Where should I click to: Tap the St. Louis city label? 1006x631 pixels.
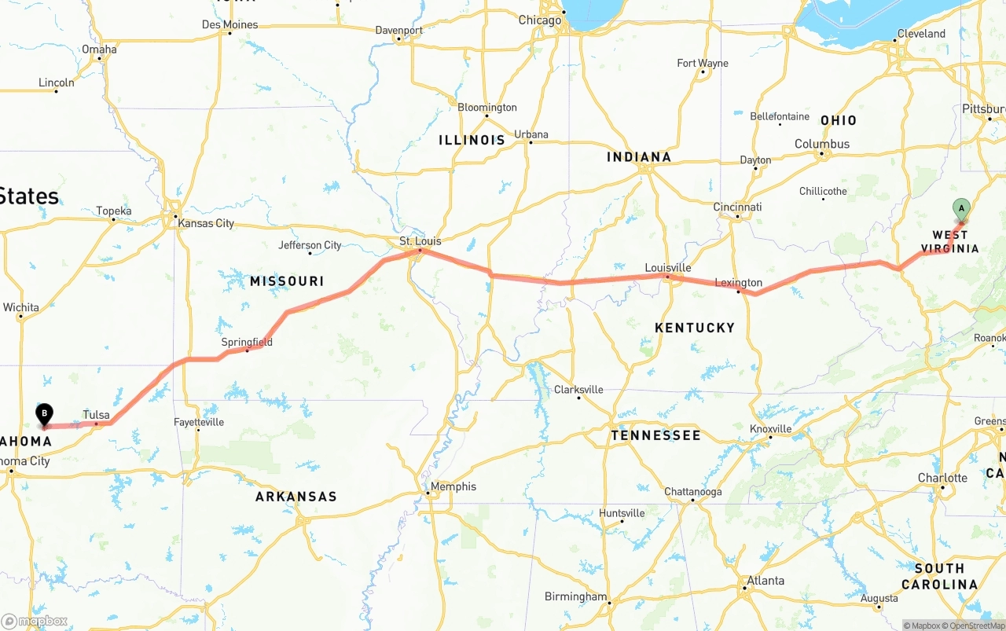(x=420, y=241)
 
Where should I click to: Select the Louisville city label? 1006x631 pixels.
(x=667, y=268)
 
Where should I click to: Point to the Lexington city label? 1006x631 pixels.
(x=738, y=283)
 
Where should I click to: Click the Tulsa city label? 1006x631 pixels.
(x=96, y=415)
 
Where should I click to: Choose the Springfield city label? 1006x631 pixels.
(x=247, y=342)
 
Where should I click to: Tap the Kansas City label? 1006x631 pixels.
(x=206, y=223)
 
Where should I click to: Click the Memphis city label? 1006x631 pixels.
(x=453, y=486)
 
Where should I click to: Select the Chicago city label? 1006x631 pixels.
(x=540, y=20)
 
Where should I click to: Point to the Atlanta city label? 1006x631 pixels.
(x=765, y=581)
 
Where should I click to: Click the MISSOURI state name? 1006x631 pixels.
(x=287, y=281)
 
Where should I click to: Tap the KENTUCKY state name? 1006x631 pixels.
(x=695, y=328)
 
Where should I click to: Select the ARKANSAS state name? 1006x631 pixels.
(x=296, y=497)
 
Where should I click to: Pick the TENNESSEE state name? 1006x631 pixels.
(x=655, y=435)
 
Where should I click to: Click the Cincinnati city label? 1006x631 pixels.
(x=737, y=207)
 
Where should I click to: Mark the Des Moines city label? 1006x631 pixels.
(x=229, y=24)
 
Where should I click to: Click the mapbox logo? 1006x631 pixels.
(x=35, y=621)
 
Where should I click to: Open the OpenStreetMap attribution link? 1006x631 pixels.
(x=975, y=625)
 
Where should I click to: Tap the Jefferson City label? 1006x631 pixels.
(x=310, y=245)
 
